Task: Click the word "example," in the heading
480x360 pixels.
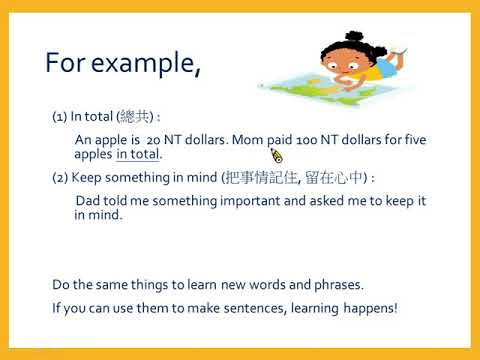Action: [146, 64]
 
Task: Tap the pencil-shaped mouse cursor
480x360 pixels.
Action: [277, 155]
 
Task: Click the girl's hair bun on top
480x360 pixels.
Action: [354, 36]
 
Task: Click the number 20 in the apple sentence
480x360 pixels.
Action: [154, 140]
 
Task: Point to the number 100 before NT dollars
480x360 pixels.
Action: [306, 140]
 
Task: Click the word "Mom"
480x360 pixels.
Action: [247, 139]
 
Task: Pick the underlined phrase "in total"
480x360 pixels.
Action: [137, 154]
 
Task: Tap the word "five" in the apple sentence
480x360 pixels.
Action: [415, 139]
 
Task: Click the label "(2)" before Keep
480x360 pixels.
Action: [60, 177]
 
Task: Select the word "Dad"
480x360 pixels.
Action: [88, 201]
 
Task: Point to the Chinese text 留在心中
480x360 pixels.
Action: [334, 177]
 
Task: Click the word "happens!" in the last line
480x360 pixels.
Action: [370, 309]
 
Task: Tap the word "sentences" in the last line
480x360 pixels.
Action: [254, 308]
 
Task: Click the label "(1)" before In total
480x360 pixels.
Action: [60, 117]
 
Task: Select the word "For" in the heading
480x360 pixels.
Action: [66, 63]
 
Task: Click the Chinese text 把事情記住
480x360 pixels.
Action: [261, 177]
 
